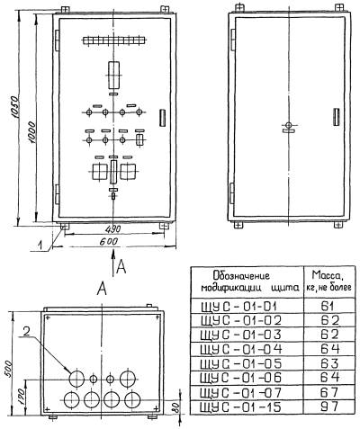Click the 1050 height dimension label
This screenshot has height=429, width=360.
pyautogui.click(x=15, y=108)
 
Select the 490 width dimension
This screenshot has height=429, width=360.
pyautogui.click(x=113, y=229)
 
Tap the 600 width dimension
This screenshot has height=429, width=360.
pyautogui.click(x=109, y=242)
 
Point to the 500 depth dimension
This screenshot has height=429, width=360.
pyautogui.click(x=8, y=369)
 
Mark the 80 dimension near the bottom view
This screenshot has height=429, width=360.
pyautogui.click(x=176, y=407)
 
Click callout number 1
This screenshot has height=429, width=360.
pyautogui.click(x=40, y=246)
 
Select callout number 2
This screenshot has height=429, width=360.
pyautogui.click(x=26, y=331)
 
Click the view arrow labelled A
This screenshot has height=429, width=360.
pyautogui.click(x=113, y=264)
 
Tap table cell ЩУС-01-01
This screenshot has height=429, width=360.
pyautogui.click(x=238, y=307)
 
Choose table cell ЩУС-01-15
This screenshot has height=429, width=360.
pyautogui.click(x=241, y=407)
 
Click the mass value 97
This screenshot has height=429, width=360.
pyautogui.click(x=329, y=407)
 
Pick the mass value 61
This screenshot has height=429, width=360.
pyautogui.click(x=328, y=306)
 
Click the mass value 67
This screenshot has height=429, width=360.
pyautogui.click(x=329, y=392)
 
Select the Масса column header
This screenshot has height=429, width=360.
pyautogui.click(x=328, y=281)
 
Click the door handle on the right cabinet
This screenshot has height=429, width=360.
pyautogui.click(x=337, y=117)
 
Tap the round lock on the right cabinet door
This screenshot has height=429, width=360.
pyautogui.click(x=288, y=125)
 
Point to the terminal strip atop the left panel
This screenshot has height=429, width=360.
pyautogui.click(x=114, y=40)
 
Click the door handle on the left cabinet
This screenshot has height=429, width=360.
pyautogui.click(x=162, y=118)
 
